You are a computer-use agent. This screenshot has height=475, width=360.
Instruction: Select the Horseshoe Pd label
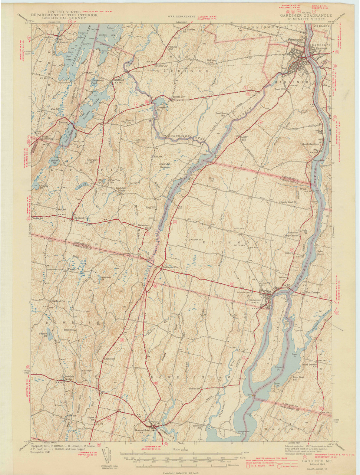(162, 107)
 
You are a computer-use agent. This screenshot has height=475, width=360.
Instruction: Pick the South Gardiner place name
(310, 144)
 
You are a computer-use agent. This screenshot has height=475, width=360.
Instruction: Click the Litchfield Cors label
(82, 218)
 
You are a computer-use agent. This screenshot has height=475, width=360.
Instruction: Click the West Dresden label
(313, 292)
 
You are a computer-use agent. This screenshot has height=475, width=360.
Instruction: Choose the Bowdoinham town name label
(142, 431)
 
